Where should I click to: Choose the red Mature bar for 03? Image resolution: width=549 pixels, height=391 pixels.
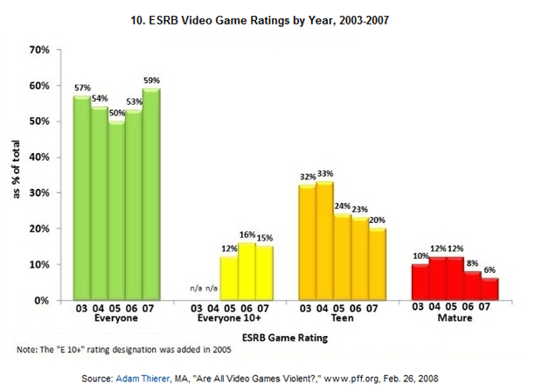420,282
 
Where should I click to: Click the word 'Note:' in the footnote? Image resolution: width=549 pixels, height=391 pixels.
29,350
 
